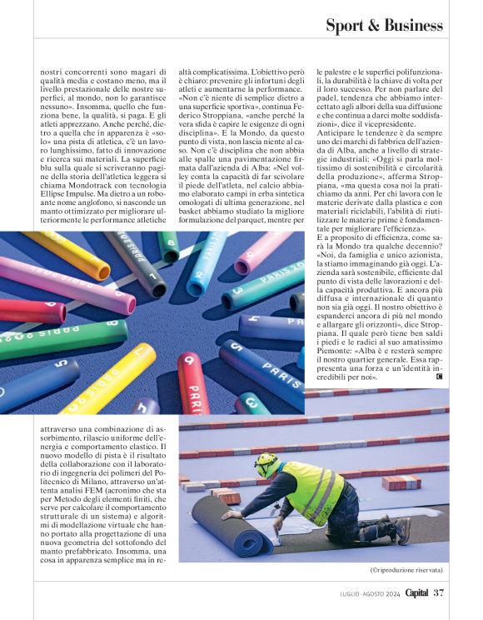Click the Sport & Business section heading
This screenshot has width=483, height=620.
[x=384, y=26]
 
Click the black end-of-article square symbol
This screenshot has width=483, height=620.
[x=439, y=377]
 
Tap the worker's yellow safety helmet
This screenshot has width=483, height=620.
[x=266, y=461]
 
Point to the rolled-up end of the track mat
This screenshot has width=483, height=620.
[x=209, y=524]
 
